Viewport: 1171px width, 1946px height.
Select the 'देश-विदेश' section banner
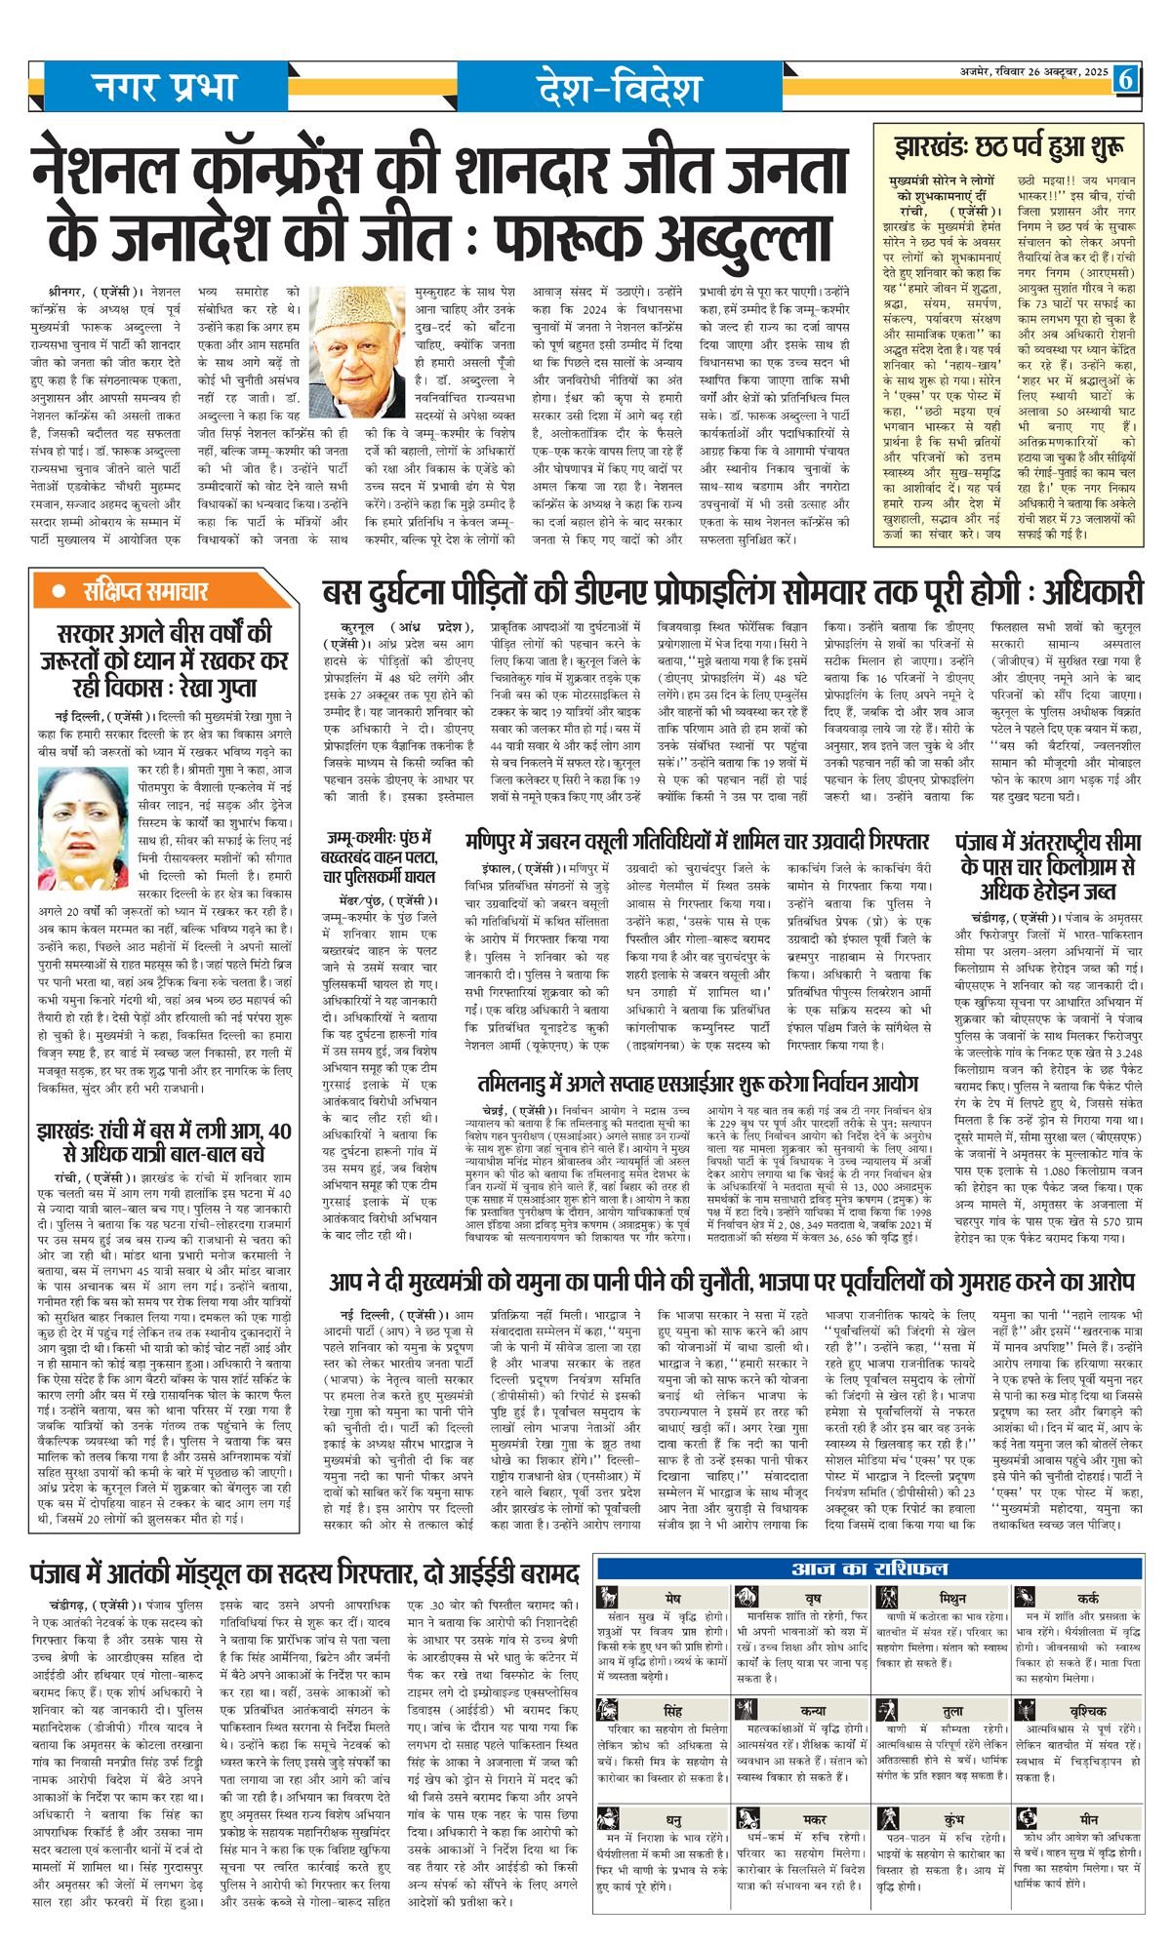point(619,90)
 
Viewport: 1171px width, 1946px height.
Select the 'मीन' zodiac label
point(1089,1820)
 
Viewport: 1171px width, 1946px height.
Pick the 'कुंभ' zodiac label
point(953,1820)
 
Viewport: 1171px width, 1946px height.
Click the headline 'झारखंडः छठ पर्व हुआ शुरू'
point(1007,149)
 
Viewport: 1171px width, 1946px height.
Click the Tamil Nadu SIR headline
point(699,1084)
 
